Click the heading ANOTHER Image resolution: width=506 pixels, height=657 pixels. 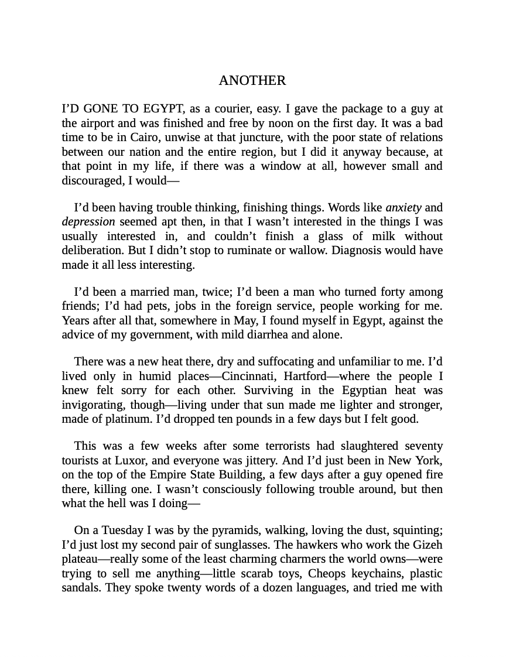(x=252, y=81)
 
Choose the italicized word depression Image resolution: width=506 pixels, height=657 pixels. (x=88, y=222)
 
